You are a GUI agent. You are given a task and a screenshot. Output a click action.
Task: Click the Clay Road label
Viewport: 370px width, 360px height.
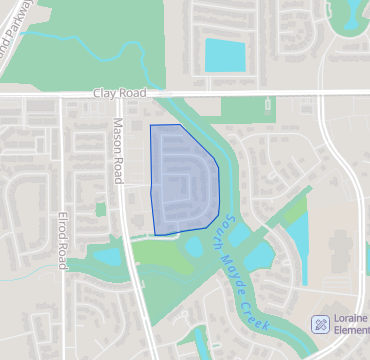pos(119,92)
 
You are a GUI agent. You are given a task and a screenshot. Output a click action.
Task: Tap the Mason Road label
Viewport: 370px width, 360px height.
pos(118,150)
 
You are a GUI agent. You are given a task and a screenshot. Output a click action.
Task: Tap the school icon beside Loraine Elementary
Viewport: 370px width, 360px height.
pos(320,324)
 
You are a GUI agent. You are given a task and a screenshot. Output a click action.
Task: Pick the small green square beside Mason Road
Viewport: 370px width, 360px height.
pos(100,209)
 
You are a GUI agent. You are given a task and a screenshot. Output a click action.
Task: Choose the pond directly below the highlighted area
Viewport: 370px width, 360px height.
pos(192,246)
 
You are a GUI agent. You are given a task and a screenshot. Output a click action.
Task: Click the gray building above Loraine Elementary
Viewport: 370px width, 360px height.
pos(340,250)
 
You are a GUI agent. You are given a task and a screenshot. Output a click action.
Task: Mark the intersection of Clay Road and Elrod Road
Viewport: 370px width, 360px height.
pos(63,96)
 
